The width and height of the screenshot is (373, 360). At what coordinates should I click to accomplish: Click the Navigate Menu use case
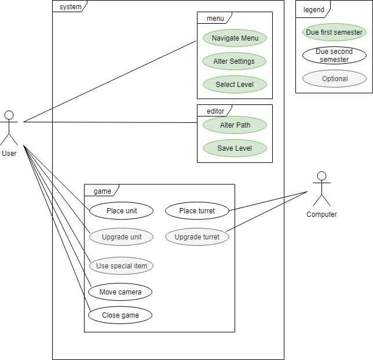click(x=235, y=38)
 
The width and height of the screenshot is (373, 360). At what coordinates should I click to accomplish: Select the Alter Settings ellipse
click(x=235, y=61)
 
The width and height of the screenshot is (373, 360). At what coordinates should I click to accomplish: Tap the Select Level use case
click(x=235, y=85)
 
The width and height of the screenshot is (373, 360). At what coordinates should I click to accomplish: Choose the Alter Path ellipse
click(x=235, y=125)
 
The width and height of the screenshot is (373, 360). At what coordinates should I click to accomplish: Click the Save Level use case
click(x=235, y=148)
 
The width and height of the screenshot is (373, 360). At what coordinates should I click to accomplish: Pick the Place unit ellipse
click(x=121, y=211)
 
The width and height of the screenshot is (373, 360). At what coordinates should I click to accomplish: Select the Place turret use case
click(x=197, y=211)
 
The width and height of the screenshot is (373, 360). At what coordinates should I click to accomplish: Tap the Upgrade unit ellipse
click(x=121, y=237)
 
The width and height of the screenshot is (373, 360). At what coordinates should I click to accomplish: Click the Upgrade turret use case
click(x=197, y=237)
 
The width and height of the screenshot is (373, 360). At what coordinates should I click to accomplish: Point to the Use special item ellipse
click(x=121, y=266)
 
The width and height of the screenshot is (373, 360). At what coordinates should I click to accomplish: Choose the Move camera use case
click(x=120, y=292)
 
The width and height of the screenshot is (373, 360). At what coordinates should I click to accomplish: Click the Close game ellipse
click(x=120, y=315)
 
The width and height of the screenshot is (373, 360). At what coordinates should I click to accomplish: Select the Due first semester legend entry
click(x=334, y=32)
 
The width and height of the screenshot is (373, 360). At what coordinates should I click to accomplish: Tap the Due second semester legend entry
click(x=334, y=56)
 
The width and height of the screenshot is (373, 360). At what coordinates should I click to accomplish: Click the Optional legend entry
click(x=334, y=79)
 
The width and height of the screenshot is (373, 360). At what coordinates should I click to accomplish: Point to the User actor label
click(x=9, y=154)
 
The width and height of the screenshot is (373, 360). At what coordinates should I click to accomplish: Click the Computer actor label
click(x=321, y=214)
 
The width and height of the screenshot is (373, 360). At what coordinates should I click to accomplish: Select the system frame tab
click(x=70, y=7)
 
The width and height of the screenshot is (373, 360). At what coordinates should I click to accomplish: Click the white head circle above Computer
click(x=321, y=176)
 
